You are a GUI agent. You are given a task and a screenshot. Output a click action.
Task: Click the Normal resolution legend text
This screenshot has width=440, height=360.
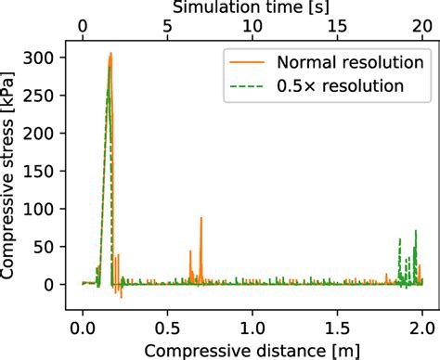click(x=341, y=62)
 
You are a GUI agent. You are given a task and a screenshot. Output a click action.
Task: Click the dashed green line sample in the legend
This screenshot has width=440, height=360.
click(x=244, y=86)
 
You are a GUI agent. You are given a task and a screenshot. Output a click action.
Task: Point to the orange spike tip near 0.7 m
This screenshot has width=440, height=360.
click(x=201, y=217)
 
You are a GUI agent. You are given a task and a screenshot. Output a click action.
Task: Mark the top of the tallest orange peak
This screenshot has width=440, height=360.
click(x=110, y=53)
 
